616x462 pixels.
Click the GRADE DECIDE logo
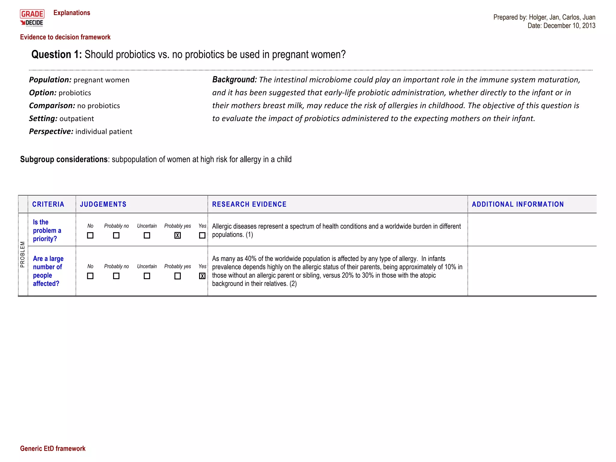pos(32,18)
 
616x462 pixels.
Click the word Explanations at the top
pos(72,13)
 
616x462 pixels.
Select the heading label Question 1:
pos(56,54)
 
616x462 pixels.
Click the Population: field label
pos(50,80)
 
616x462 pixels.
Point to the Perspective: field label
pos(51,131)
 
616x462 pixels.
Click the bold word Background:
pos(234,79)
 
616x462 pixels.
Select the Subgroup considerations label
pos(64,159)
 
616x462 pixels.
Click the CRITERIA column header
pos(48,204)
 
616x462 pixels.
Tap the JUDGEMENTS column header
pos(103,204)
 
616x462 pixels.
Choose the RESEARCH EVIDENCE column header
pos(249,204)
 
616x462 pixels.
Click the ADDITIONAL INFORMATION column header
pos(518,204)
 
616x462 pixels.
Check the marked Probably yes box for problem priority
pos(177,236)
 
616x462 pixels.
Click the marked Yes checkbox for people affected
pos(202,276)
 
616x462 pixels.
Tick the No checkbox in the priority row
pos(90,236)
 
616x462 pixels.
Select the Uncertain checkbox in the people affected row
pos(147,276)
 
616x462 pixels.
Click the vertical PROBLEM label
pos(23,254)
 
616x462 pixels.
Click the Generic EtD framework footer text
pos(53,448)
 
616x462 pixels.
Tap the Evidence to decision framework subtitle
pos(65,37)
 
